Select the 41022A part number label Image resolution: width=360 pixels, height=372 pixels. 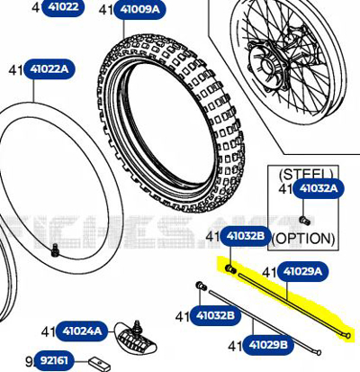(x=56, y=69)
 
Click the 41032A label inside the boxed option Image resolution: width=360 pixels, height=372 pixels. (x=319, y=188)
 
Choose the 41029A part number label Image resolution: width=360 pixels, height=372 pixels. (x=303, y=271)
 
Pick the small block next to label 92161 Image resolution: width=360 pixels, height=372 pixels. (x=98, y=361)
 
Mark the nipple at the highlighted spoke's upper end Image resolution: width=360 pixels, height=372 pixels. (x=230, y=268)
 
